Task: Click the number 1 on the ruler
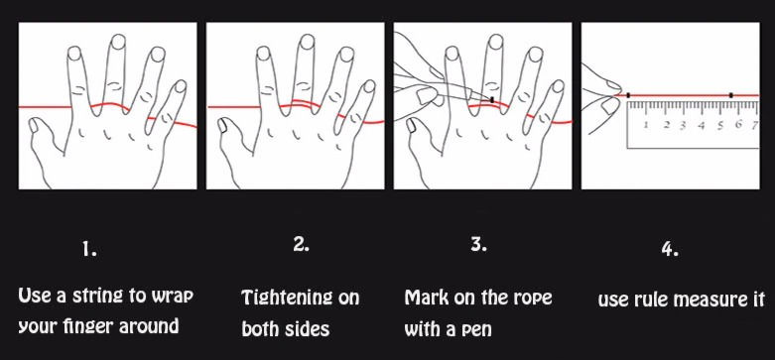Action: point(646,125)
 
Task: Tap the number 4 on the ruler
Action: point(701,125)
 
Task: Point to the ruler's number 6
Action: point(738,124)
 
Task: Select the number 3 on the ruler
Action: point(683,125)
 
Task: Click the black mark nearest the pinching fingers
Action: point(628,95)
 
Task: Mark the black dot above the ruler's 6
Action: point(731,95)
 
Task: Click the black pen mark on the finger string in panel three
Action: point(492,100)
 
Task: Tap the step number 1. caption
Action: point(89,250)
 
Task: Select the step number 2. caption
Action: point(301,244)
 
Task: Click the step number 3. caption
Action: point(478,244)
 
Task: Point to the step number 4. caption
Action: point(670,250)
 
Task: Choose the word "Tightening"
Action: point(281,298)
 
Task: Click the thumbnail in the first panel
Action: point(33,126)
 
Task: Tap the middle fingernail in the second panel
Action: point(306,42)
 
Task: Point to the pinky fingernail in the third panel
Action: point(557,86)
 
